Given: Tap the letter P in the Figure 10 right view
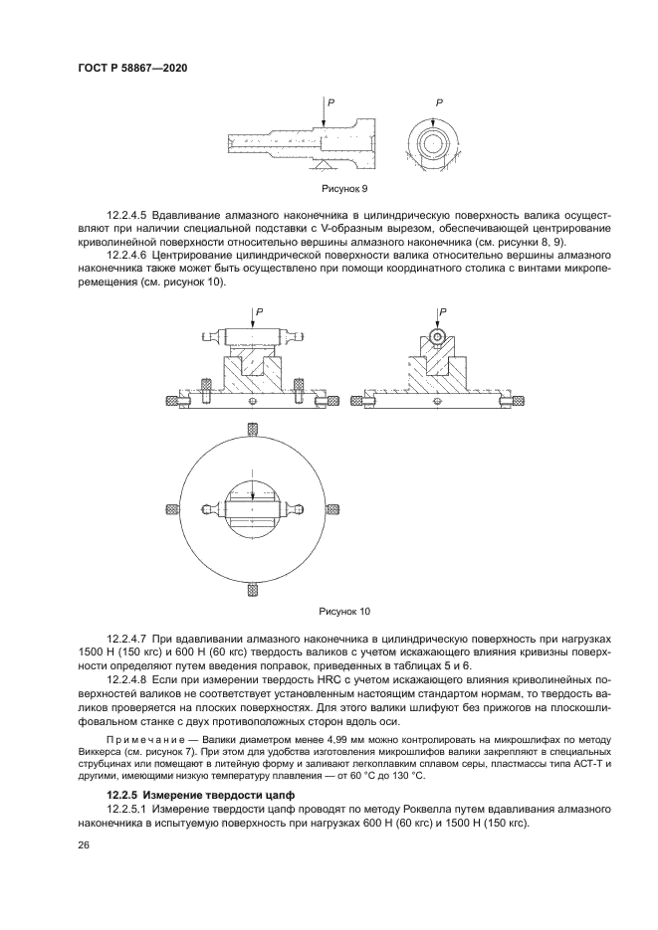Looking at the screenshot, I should click(443, 311).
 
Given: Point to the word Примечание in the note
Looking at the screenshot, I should click(141, 741).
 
